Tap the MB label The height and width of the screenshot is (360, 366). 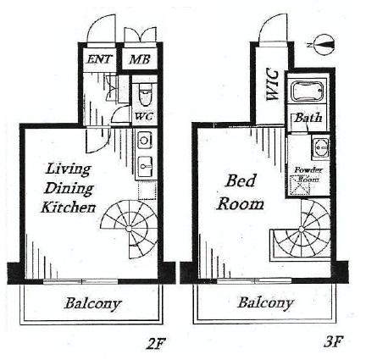(139, 59)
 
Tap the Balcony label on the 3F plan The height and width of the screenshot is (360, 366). (265, 302)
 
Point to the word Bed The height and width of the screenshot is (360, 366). (240, 180)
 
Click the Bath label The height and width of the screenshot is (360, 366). (307, 120)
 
